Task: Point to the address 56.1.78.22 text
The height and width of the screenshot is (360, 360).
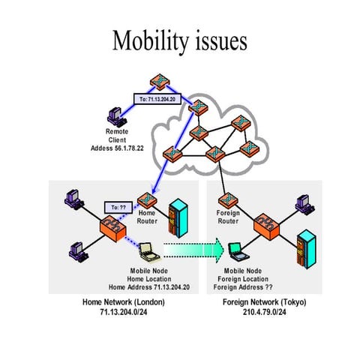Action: click(139, 147)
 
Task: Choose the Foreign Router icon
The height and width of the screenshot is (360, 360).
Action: click(226, 200)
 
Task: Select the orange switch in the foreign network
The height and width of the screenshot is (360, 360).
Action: click(265, 223)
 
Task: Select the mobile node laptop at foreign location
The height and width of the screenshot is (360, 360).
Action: click(235, 249)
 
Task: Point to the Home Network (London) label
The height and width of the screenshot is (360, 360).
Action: click(123, 302)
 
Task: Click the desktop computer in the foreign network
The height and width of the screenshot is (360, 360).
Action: click(304, 201)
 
